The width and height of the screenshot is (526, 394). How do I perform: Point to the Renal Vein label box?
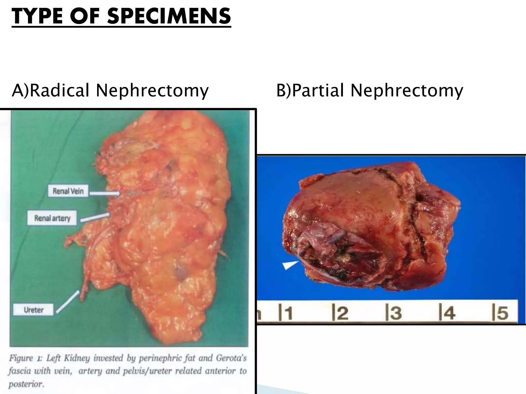click(68, 191)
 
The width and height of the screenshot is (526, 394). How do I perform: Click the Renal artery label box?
click(52, 218)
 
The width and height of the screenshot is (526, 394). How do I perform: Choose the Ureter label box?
click(34, 310)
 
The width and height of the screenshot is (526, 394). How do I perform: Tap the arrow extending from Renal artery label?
click(95, 217)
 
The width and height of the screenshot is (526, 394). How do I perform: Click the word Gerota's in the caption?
click(231, 358)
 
